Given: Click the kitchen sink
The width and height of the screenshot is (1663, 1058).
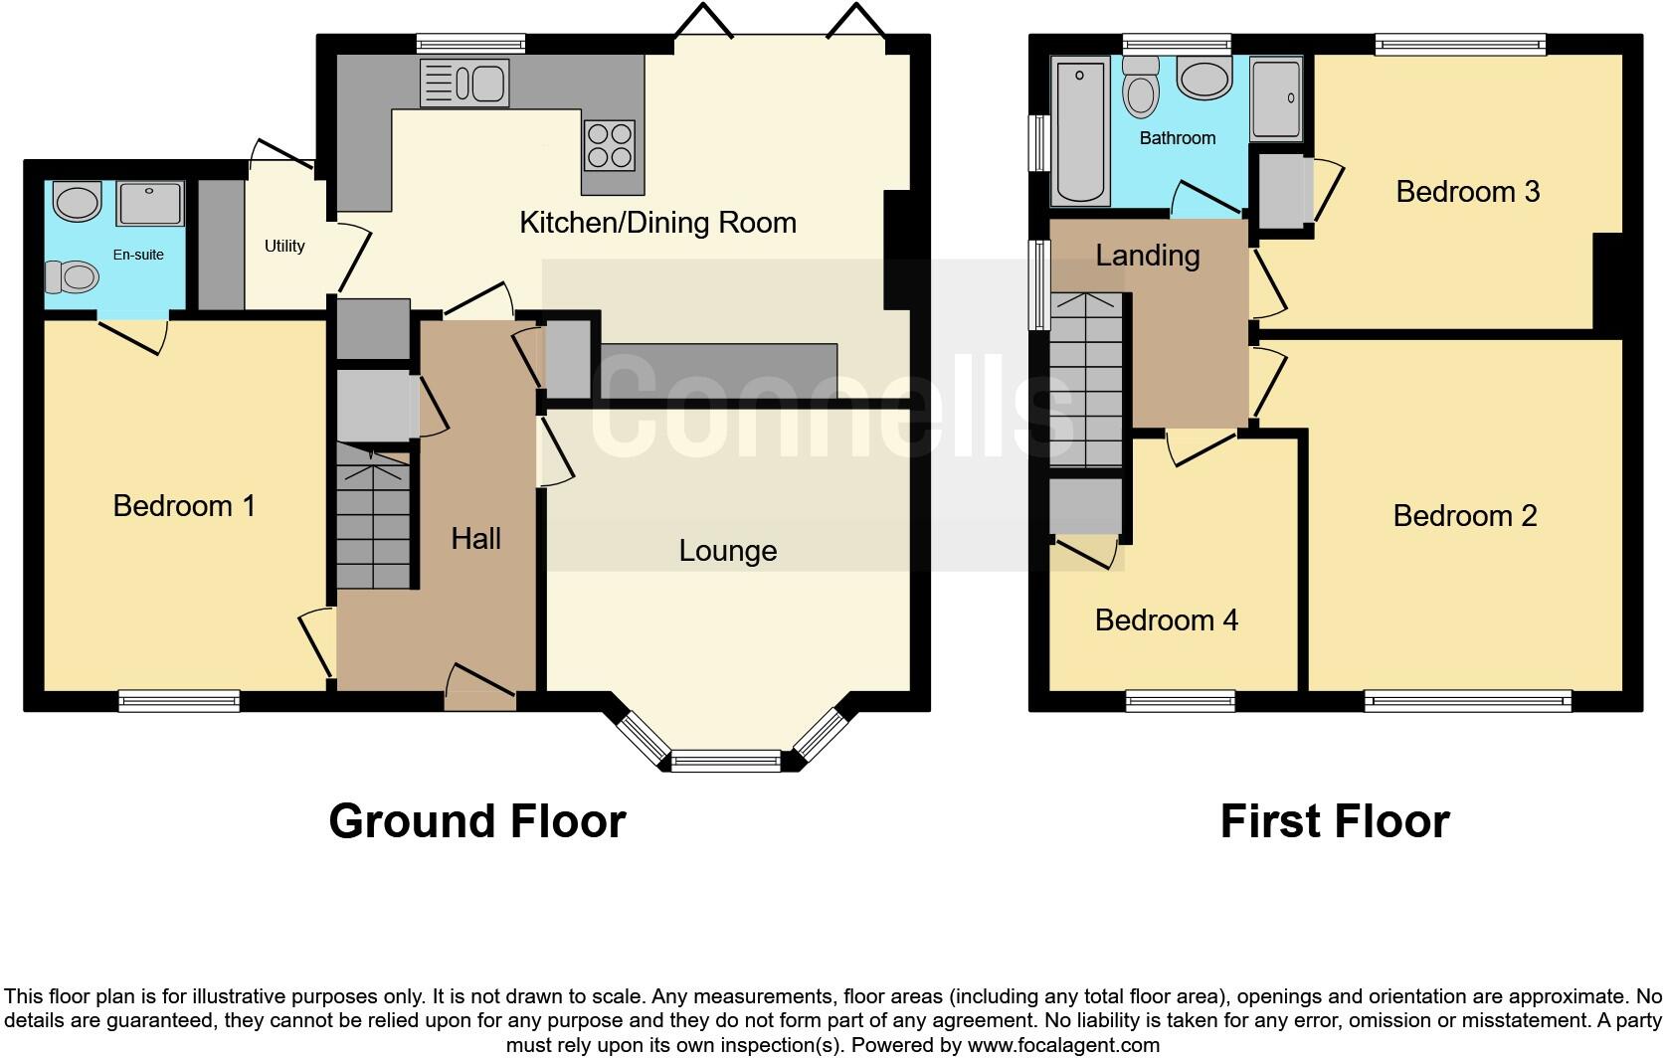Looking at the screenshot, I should click(464, 83).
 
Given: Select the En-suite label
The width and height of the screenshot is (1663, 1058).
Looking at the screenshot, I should click(138, 255).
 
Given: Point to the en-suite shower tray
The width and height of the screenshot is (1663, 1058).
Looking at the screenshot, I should click(150, 204).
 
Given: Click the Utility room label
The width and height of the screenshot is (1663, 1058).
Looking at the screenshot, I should click(284, 246).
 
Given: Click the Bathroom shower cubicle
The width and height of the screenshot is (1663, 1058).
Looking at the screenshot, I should click(1275, 99).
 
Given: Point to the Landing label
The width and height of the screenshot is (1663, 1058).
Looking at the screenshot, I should click(1147, 256).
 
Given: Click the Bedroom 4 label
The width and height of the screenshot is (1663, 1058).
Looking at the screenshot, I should click(1166, 620).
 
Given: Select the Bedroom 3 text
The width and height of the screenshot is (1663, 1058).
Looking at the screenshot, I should click(1467, 191).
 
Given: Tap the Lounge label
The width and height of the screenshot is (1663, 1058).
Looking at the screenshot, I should click(727, 551).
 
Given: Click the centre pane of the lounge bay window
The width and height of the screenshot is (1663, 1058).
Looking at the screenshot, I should click(726, 762).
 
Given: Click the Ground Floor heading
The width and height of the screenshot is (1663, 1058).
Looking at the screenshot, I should click(477, 821).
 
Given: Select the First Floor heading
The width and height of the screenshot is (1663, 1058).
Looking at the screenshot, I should click(1334, 821).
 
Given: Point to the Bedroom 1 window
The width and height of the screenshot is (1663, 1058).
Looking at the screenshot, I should click(179, 701).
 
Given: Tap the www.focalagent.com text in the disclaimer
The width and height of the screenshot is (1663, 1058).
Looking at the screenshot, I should click(1062, 1045).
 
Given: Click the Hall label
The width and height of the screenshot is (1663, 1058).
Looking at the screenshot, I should click(475, 539).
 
